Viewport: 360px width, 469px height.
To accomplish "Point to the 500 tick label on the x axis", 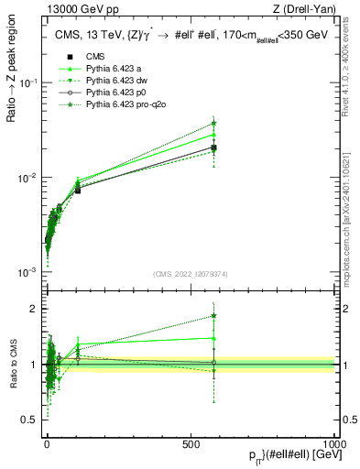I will pos(190,443).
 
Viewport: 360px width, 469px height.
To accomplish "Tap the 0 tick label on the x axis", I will pos(47,443).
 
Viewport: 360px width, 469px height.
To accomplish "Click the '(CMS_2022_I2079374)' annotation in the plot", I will pos(189,272).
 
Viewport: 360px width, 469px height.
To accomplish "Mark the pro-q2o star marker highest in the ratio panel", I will pos(213,316).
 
